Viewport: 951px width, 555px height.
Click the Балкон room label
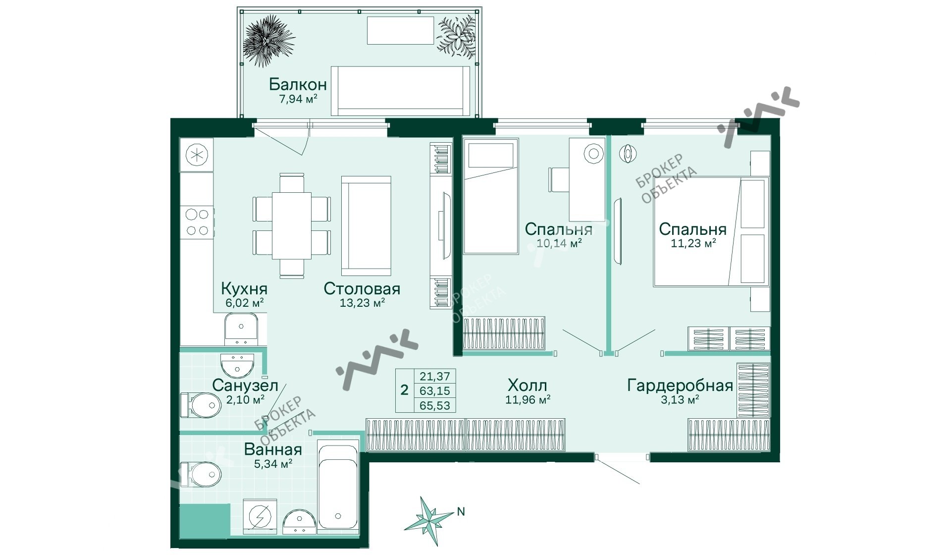click(x=298, y=85)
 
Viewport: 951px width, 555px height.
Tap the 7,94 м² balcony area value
click(x=298, y=99)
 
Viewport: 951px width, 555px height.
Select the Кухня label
click(x=244, y=288)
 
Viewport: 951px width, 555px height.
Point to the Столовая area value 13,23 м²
click(x=362, y=302)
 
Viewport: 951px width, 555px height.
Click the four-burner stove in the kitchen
click(x=197, y=222)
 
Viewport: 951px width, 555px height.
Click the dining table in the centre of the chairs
click(x=291, y=225)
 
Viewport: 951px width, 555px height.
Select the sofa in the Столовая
click(x=366, y=226)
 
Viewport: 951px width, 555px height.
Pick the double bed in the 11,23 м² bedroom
click(x=711, y=231)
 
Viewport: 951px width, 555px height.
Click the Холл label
click(x=527, y=385)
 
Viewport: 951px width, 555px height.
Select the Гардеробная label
click(x=680, y=385)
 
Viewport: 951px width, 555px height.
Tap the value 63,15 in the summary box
click(x=434, y=391)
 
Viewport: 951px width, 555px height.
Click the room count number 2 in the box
click(x=404, y=390)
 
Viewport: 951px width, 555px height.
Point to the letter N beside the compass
click(x=461, y=512)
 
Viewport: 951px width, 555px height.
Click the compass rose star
click(x=428, y=520)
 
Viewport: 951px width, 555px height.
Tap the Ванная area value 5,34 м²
click(x=272, y=464)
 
